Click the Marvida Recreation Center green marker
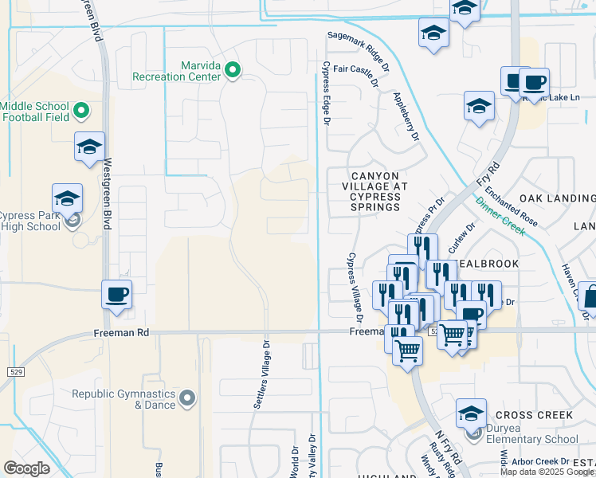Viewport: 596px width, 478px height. pyautogui.click(x=233, y=71)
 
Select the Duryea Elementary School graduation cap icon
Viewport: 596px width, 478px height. pyautogui.click(x=471, y=413)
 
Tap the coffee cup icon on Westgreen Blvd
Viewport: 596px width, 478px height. pyautogui.click(x=116, y=294)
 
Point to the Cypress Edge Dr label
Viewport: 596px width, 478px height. pyautogui.click(x=325, y=93)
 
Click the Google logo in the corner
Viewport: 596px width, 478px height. pyautogui.click(x=26, y=468)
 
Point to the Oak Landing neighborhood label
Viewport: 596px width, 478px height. pyautogui.click(x=557, y=198)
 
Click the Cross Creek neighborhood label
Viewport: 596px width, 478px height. pyautogui.click(x=533, y=415)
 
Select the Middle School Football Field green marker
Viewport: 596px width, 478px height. pyautogui.click(x=80, y=109)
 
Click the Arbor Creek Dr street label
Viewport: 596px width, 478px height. pyautogui.click(x=540, y=461)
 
